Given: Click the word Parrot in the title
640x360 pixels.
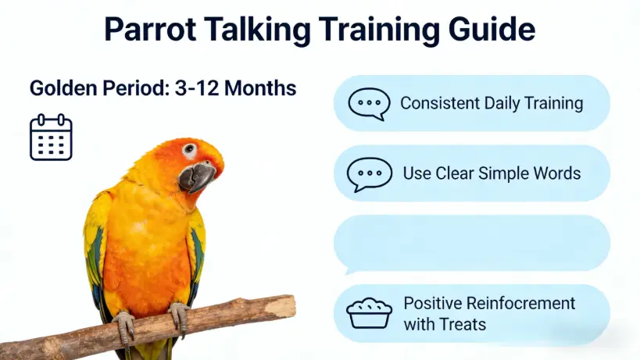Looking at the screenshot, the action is coord(150,30).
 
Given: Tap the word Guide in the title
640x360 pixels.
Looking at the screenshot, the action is coord(492,30).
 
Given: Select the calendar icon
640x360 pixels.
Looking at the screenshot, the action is coord(51,137).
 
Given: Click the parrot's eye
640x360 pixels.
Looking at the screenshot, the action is coord(189,149).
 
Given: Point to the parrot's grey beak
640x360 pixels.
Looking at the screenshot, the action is coord(197,177).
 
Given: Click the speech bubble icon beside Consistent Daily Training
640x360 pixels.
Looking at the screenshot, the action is coord(369,105).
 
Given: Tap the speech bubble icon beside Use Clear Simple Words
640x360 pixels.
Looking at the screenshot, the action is coord(370,174).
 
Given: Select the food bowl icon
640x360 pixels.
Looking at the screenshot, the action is coord(369,313).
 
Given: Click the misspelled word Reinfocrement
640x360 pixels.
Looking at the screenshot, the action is coord(520,303).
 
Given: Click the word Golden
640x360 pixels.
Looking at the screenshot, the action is coord(63,88).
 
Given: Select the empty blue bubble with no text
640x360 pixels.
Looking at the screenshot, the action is coord(472,244).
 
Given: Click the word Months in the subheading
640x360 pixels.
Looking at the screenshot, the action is coord(260,88).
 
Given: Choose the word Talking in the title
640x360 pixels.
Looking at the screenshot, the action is coord(258,30).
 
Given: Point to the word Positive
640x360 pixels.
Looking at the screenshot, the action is coord(432,303).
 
